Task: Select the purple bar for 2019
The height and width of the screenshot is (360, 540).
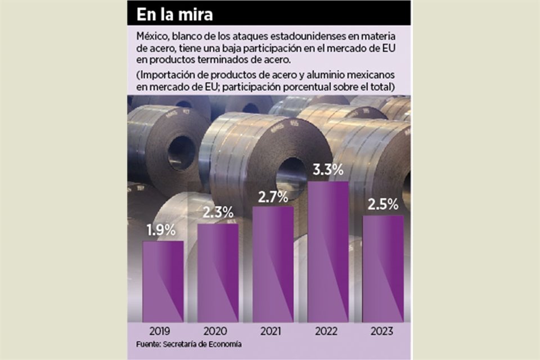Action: (x=163, y=281)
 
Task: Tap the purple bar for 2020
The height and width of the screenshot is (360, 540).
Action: (x=218, y=273)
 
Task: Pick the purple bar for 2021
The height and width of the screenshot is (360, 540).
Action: (x=273, y=264)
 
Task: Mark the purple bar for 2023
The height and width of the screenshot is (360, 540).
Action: (x=383, y=268)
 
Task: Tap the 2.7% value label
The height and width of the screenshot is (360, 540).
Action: (x=273, y=197)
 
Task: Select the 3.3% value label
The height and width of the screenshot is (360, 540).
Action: (x=328, y=170)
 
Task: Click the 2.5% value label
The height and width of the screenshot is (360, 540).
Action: (x=383, y=205)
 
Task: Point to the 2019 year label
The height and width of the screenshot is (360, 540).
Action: (x=163, y=331)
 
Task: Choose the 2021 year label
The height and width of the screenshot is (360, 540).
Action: (x=273, y=331)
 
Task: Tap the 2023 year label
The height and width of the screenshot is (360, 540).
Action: (x=383, y=331)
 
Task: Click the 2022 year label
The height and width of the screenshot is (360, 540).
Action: (x=328, y=331)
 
